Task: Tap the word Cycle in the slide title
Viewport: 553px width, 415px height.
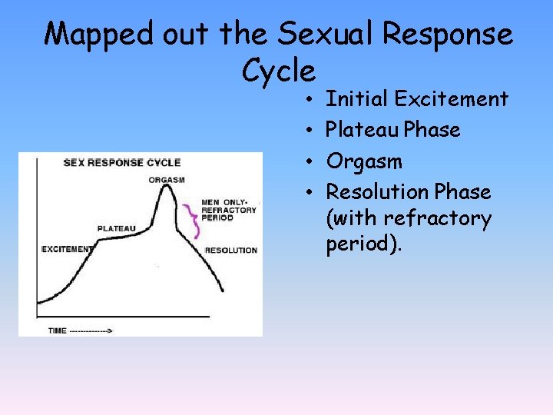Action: pyautogui.click(x=278, y=71)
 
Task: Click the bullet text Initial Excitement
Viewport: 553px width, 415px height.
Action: pyautogui.click(x=416, y=99)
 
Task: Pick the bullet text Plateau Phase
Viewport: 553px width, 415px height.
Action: pyautogui.click(x=393, y=130)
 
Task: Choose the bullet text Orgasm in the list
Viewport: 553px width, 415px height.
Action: pyautogui.click(x=364, y=161)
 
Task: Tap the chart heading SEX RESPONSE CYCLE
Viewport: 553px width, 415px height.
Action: pyautogui.click(x=121, y=162)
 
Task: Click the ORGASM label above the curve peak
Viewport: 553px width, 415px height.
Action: pyautogui.click(x=168, y=181)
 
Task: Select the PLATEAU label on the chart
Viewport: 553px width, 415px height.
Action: pyautogui.click(x=117, y=228)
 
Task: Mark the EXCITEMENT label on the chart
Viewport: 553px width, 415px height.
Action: pyautogui.click(x=67, y=249)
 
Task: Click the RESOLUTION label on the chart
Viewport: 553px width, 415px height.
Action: pyautogui.click(x=230, y=251)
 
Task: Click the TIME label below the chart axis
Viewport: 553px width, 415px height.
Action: pyautogui.click(x=58, y=330)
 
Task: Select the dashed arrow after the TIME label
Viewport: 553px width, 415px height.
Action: pyautogui.click(x=91, y=330)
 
